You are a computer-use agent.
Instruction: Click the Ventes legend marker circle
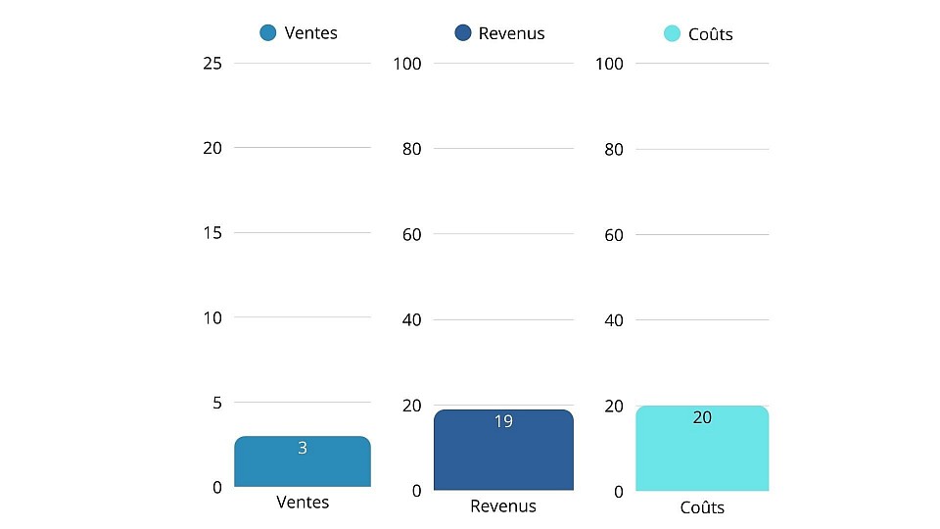[268, 33]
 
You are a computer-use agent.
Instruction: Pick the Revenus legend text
[511, 33]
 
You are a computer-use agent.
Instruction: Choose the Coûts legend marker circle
[672, 34]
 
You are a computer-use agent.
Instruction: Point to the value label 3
[303, 448]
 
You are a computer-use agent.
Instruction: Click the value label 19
[503, 421]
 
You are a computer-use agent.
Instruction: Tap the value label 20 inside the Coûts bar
[702, 417]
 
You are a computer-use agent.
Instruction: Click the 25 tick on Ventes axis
[212, 64]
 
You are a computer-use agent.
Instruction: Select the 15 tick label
[212, 233]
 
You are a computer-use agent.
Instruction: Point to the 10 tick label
[212, 317]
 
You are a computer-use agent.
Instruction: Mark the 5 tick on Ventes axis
[216, 403]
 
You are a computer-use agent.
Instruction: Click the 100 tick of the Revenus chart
[406, 64]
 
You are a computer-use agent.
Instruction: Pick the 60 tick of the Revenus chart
[411, 234]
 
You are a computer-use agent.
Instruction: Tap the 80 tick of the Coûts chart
[613, 149]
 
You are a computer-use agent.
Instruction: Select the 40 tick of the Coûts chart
[613, 319]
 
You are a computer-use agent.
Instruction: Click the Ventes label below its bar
[303, 503]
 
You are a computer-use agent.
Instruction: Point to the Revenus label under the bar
[503, 506]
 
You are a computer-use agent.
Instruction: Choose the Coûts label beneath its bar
[702, 507]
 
